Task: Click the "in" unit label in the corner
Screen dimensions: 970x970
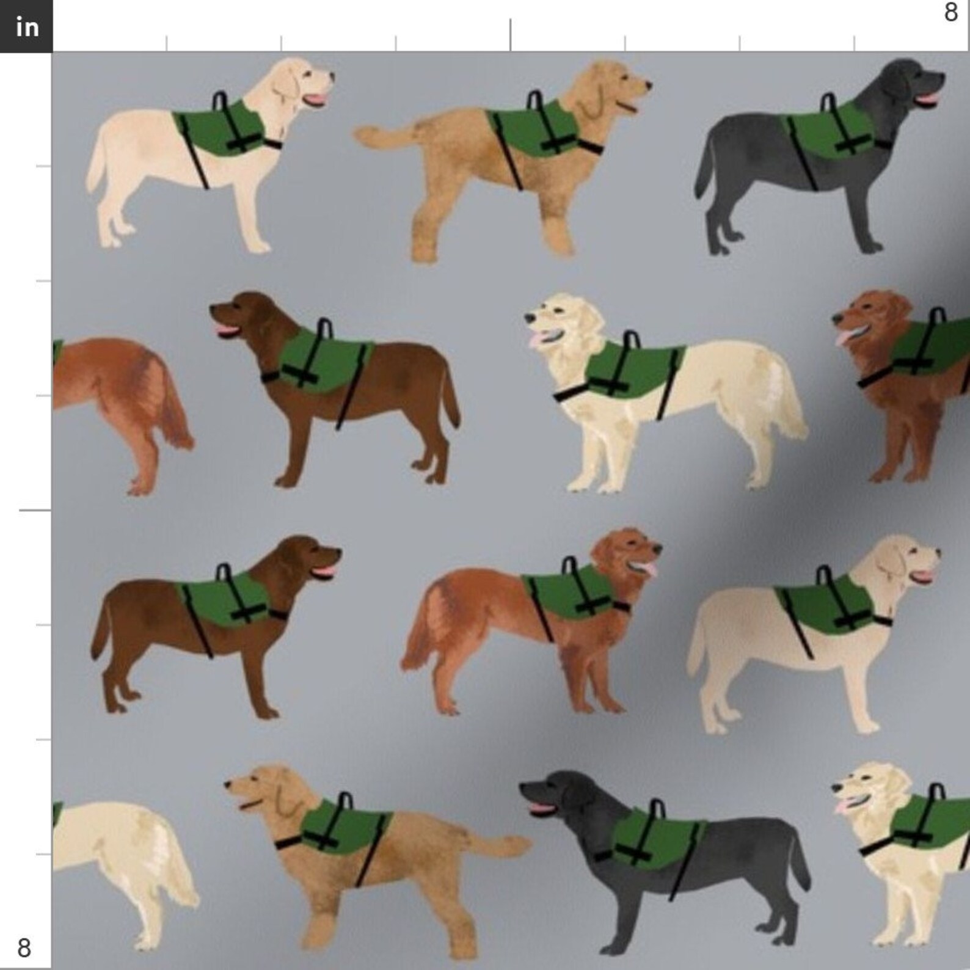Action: pyautogui.click(x=26, y=26)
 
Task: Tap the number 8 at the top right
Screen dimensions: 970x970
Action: pyautogui.click(x=950, y=12)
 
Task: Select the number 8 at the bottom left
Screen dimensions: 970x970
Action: pyautogui.click(x=24, y=948)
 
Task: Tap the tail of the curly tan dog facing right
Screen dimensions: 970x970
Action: pyautogui.click(x=379, y=136)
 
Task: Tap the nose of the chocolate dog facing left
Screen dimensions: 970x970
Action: pyautogui.click(x=214, y=310)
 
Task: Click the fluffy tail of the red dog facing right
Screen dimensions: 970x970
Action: pyautogui.click(x=421, y=629)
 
